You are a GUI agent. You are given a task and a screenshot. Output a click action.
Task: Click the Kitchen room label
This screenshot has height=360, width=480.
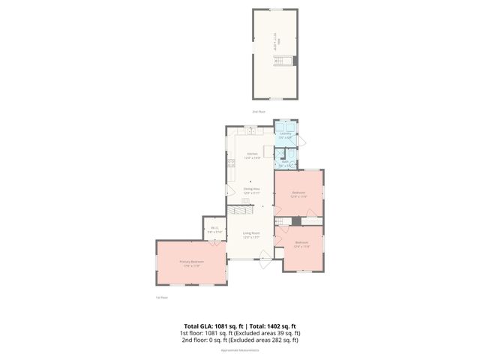pos(252,154)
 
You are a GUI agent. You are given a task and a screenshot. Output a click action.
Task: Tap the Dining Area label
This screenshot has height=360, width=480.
pos(251,189)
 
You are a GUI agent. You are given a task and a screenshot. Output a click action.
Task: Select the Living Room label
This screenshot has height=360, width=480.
pos(251,232)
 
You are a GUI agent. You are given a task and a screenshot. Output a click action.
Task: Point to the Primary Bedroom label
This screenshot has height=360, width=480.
pos(191,261)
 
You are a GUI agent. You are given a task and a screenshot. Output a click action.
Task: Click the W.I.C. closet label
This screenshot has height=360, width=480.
pos(214,228)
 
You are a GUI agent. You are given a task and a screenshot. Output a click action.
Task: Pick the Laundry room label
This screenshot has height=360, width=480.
pos(285,134)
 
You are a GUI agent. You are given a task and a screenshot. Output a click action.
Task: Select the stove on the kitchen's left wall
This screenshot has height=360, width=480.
pos(227,163)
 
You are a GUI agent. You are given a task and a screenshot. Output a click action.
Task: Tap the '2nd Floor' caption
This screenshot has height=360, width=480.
pos(258,112)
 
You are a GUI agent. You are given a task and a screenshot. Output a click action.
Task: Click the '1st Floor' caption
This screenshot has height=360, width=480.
pos(160,298)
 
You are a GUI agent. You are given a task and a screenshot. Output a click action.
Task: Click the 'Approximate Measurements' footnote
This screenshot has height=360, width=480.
pos(239,350)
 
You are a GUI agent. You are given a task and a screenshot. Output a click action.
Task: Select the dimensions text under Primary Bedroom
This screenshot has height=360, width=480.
pos(191,265)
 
